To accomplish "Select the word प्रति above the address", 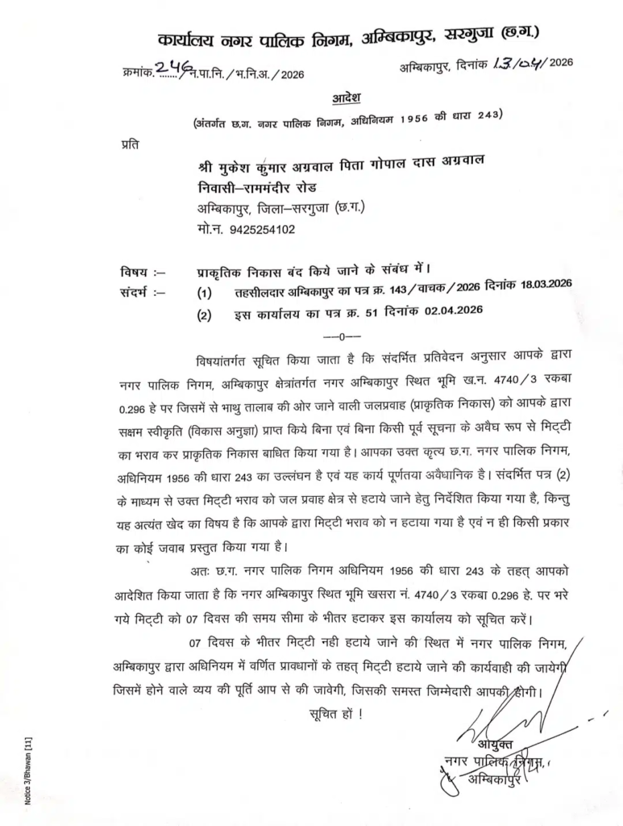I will (x=127, y=145).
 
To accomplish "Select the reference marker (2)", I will (x=205, y=315).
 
